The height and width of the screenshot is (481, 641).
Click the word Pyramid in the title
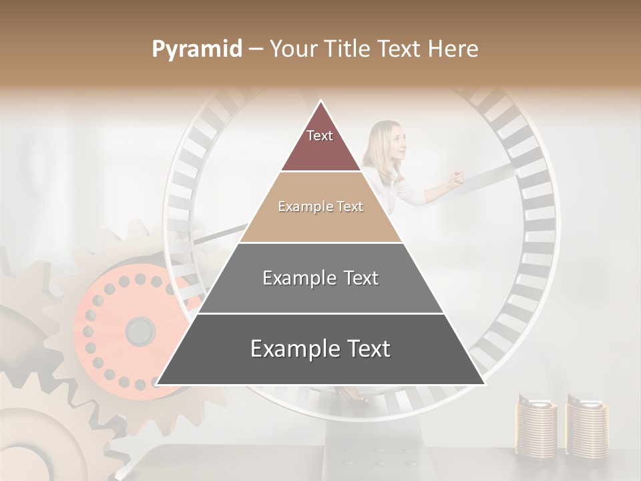[196, 49]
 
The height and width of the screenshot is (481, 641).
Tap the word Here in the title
[453, 49]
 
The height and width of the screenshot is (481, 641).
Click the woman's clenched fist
[457, 178]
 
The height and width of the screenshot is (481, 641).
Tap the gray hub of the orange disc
[140, 330]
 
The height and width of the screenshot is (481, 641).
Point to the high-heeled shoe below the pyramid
[353, 397]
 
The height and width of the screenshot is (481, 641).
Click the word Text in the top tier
[320, 136]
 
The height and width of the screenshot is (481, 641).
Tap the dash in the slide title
[256, 49]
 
